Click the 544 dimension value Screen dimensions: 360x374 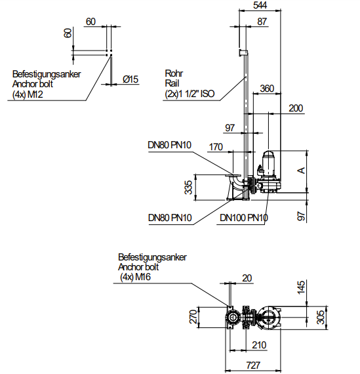pyautogui.click(x=260, y=5)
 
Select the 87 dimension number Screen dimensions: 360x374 pyautogui.click(x=262, y=22)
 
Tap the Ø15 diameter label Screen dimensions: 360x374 pyautogui.click(x=130, y=79)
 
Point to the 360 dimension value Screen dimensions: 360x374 pyautogui.click(x=267, y=89)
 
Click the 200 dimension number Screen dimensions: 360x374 pyautogui.click(x=296, y=108)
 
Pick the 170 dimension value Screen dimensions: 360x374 pyautogui.click(x=216, y=147)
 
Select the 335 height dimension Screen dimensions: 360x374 pyautogui.click(x=188, y=188)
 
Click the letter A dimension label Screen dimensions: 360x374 pyautogui.click(x=302, y=171)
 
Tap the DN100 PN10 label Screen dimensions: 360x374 pyautogui.click(x=244, y=218)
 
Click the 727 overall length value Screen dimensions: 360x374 pyautogui.click(x=253, y=365)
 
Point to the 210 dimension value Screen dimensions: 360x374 pyautogui.click(x=259, y=345)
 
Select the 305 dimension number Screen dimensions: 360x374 pyautogui.click(x=321, y=318)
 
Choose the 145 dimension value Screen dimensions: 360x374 pyautogui.click(x=301, y=287)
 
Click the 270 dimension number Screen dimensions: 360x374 pyautogui.click(x=193, y=317)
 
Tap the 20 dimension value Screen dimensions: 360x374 pyautogui.click(x=247, y=278)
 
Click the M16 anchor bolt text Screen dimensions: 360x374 pyautogui.click(x=143, y=277)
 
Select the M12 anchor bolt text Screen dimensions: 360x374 pyautogui.click(x=35, y=94)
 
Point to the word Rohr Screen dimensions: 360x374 pyautogui.click(x=174, y=73)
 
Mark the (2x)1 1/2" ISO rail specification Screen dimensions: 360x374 pyautogui.click(x=190, y=94)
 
